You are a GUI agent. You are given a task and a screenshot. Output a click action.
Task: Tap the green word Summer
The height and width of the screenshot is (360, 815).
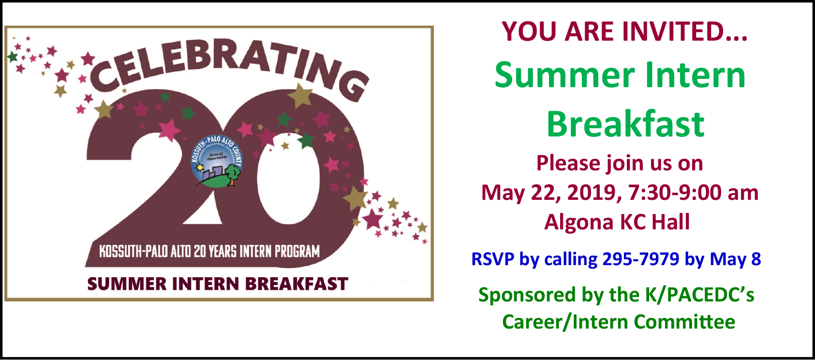[564, 75]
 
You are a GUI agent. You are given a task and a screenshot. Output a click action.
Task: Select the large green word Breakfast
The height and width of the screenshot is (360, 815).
[625, 124]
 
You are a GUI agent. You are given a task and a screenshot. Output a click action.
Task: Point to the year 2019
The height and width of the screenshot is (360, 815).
[594, 193]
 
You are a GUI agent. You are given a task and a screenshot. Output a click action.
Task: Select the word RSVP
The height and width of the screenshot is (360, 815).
[492, 259]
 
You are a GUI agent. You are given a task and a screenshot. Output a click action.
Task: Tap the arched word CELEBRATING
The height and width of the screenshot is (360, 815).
[227, 65]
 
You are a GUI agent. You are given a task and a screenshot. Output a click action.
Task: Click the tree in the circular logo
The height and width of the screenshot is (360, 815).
[233, 173]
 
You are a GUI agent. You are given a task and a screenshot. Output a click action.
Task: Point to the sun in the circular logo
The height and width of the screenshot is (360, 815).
[198, 168]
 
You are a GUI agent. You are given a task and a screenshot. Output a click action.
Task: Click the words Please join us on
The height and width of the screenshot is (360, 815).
[620, 163]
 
